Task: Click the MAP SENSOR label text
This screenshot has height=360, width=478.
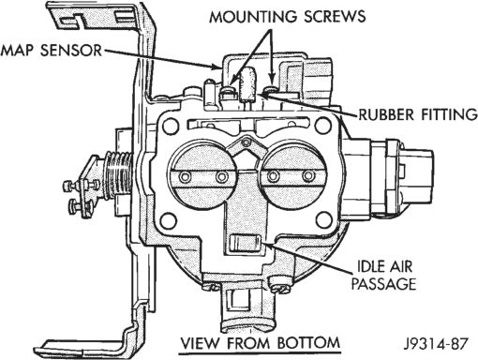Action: pyautogui.click(x=52, y=51)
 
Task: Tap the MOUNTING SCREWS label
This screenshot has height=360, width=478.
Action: pyautogui.click(x=288, y=16)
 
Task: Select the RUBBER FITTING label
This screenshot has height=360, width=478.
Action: pyautogui.click(x=418, y=114)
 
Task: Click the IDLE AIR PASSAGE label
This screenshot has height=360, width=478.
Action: pyautogui.click(x=383, y=276)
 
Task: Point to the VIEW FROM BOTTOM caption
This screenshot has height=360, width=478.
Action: pyautogui.click(x=261, y=343)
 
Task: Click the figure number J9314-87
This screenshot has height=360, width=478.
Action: pyautogui.click(x=436, y=344)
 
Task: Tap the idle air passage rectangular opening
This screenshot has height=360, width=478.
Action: pyautogui.click(x=245, y=243)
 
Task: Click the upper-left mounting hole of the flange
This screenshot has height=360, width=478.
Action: pyautogui.click(x=171, y=126)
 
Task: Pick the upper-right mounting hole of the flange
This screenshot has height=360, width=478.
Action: pyautogui.click(x=323, y=126)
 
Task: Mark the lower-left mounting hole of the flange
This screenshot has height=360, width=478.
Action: pyautogui.click(x=169, y=220)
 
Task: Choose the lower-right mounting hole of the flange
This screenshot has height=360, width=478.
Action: pyautogui.click(x=324, y=220)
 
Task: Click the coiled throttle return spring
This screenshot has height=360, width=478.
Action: pyautogui.click(x=119, y=175)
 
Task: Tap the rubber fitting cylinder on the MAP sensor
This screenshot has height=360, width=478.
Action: pyautogui.click(x=247, y=82)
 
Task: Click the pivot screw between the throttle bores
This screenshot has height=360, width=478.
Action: pyautogui.click(x=246, y=142)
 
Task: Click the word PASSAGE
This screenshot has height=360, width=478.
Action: pyautogui.click(x=383, y=284)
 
